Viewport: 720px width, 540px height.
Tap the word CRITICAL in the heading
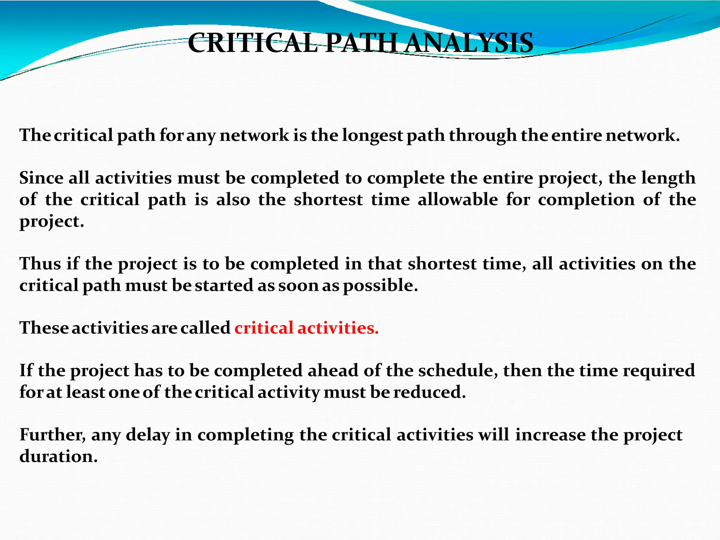[x=252, y=43]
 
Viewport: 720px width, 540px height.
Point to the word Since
[x=41, y=178]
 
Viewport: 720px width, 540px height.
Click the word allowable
[x=458, y=200]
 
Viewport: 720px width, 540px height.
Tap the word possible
[x=380, y=285]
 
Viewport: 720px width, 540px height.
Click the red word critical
[x=264, y=328]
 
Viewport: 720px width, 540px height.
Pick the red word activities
[x=337, y=328]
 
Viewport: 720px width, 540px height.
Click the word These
[x=44, y=328]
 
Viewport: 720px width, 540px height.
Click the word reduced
[x=429, y=392]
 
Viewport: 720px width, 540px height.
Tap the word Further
[x=52, y=435]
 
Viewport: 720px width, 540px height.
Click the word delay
[x=148, y=435]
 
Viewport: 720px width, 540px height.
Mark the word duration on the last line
[x=58, y=457]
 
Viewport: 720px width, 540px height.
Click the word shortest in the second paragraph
[x=328, y=200]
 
